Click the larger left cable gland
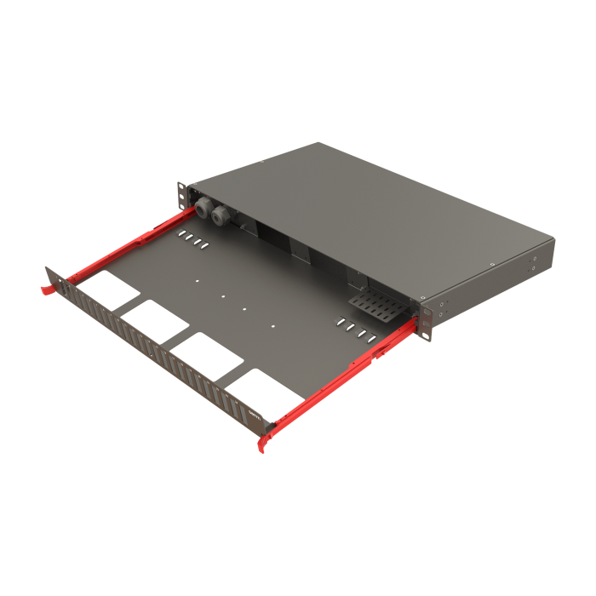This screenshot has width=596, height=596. click(203, 207)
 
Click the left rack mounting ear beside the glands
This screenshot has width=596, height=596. click(181, 194)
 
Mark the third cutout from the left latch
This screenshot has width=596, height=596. click(203, 352)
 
